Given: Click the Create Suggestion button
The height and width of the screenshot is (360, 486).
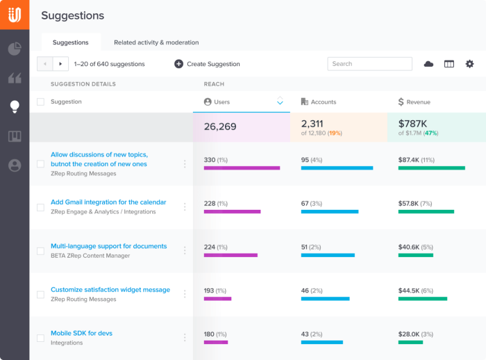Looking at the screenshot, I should (x=207, y=64).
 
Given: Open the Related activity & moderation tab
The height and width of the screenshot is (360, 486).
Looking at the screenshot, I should (x=156, y=42).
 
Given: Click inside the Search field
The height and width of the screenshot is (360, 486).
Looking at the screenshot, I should (x=369, y=64).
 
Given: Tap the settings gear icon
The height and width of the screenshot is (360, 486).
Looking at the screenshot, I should (x=469, y=64).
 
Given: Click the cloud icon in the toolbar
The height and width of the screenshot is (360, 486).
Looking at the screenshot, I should (x=428, y=64).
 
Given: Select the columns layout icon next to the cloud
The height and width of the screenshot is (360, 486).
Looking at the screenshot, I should (x=449, y=64).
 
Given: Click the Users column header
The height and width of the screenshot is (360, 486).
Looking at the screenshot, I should (x=221, y=102).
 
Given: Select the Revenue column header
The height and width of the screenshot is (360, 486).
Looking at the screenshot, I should (x=418, y=102).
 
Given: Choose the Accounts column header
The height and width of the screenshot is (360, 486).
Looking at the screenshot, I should (x=323, y=102).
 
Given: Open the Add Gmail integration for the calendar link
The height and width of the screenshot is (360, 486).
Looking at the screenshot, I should (x=108, y=202).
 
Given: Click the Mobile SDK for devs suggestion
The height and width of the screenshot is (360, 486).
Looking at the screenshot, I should (x=81, y=333).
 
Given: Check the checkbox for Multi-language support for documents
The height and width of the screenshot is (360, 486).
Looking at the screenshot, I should (x=40, y=251).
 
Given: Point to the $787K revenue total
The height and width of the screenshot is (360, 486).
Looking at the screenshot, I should (x=412, y=124).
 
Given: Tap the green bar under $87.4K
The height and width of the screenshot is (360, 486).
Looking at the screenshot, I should (x=430, y=167).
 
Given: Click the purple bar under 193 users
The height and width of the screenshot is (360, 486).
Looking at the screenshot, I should (x=217, y=299).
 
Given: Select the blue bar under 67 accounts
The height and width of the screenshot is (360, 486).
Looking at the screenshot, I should (x=329, y=211).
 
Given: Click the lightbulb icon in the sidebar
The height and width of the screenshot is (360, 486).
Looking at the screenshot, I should (x=14, y=106).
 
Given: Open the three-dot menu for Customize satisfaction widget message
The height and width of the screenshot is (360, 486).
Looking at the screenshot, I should (x=185, y=294).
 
